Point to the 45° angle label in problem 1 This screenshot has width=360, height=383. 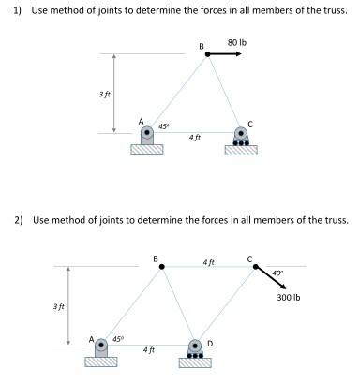(163, 125)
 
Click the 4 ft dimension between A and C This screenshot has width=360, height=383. (195, 138)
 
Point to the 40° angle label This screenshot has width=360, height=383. (277, 273)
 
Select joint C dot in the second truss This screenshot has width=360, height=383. (252, 267)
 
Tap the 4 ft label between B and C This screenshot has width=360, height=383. (208, 261)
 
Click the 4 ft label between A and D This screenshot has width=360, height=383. (148, 349)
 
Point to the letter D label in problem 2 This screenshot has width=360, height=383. (209, 344)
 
